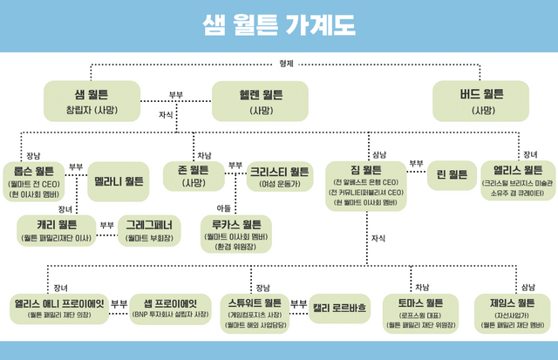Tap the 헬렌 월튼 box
coord(261,101)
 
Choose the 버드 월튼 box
coord(481,101)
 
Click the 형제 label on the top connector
coord(287,64)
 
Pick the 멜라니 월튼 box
coord(115,180)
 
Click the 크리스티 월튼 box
coord(279,176)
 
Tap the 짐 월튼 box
coord(365,184)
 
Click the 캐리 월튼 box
coord(54,229)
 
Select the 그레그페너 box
coord(149,229)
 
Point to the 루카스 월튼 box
coord(234,234)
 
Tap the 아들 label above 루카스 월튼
coord(224,207)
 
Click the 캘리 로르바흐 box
coord(340,307)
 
